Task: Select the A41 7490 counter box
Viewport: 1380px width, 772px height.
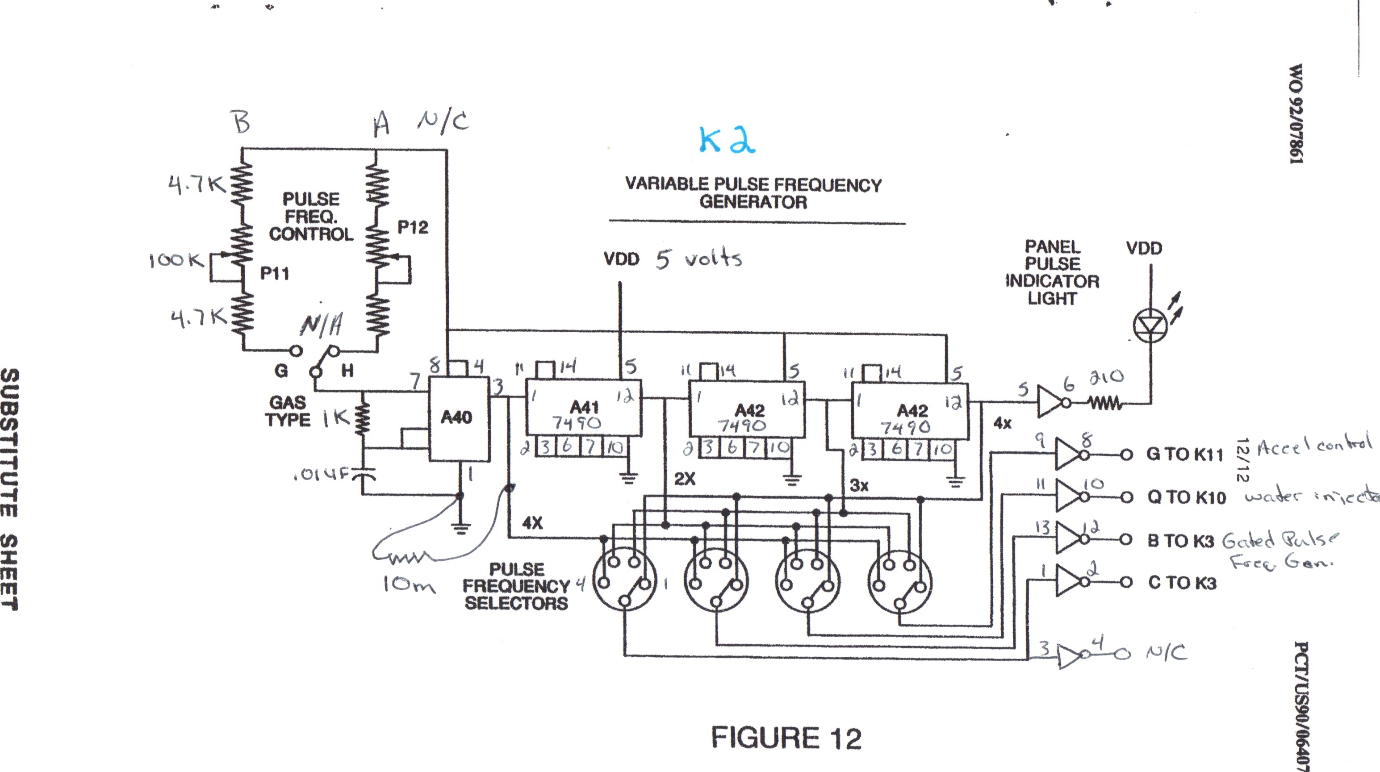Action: coord(583,415)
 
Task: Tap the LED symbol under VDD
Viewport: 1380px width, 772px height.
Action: coord(1150,325)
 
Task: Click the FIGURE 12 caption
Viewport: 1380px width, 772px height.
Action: coord(786,738)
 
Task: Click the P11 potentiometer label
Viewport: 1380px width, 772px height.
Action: coord(274,273)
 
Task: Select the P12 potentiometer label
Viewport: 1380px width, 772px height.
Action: coord(413,227)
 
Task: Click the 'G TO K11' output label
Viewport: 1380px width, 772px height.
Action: coord(1184,454)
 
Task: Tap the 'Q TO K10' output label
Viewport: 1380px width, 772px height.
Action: coord(1186,497)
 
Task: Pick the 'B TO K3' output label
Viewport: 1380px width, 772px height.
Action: coord(1180,541)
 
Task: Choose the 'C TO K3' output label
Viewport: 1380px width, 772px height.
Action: coord(1182,582)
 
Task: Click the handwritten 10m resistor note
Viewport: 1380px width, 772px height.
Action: coord(408,584)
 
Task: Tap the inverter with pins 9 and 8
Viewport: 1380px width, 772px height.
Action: coord(1069,454)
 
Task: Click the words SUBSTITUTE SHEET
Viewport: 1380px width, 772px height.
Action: coord(10,488)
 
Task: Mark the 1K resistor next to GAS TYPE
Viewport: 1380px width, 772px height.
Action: coord(363,418)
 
